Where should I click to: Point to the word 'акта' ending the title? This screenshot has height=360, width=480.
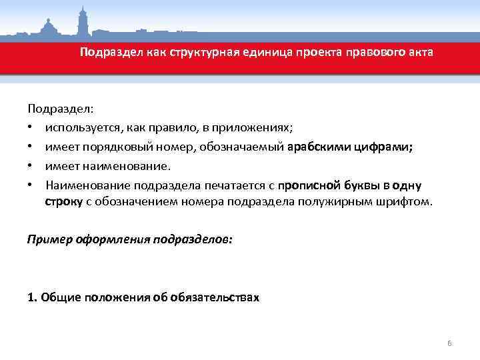point(420,52)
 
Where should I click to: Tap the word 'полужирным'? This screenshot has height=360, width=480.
point(351,201)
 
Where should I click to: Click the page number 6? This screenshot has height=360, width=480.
point(449,343)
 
